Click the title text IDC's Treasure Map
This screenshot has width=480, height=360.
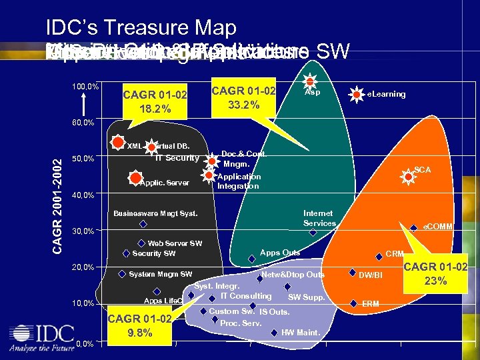[x=141, y=28]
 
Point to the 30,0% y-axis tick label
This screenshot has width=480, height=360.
[x=83, y=231]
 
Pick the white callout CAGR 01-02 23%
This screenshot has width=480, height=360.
[x=434, y=273]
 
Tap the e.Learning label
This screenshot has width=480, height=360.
[x=386, y=94]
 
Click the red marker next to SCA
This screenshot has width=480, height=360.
[x=407, y=176]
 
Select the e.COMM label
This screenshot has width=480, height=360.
[x=438, y=227]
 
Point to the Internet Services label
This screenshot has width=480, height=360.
[x=319, y=218]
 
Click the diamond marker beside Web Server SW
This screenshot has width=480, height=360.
[x=141, y=244]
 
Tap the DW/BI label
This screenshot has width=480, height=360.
[x=371, y=275]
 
